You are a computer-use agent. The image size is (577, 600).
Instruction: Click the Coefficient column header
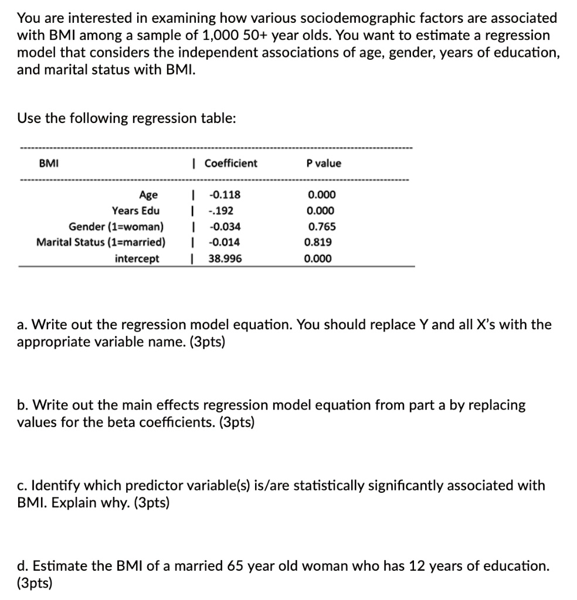[x=230, y=163]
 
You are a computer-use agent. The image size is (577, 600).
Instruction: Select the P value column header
[x=323, y=163]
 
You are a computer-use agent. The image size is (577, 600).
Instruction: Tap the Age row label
[x=148, y=195]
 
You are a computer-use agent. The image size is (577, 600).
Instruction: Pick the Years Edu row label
[x=135, y=211]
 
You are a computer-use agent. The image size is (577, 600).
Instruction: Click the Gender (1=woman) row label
[x=116, y=227]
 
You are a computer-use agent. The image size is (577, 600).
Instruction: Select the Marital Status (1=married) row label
[x=101, y=242]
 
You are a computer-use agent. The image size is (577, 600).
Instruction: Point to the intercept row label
[x=137, y=258]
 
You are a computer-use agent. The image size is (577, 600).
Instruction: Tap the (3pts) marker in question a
[x=205, y=341]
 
